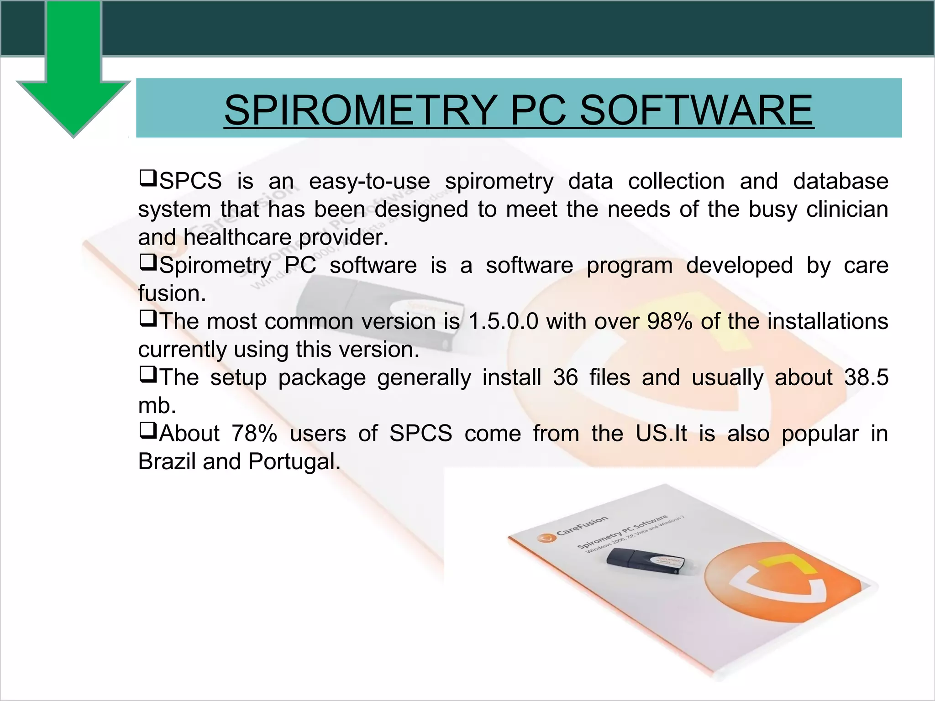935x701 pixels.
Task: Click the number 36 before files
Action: (x=565, y=377)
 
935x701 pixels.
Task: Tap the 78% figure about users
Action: (x=254, y=434)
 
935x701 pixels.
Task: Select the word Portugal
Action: (x=294, y=461)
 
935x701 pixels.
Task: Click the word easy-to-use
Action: (x=369, y=181)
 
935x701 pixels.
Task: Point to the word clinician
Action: (x=847, y=209)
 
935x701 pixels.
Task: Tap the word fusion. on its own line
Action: (x=172, y=293)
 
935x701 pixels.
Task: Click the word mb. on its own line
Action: (x=157, y=406)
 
